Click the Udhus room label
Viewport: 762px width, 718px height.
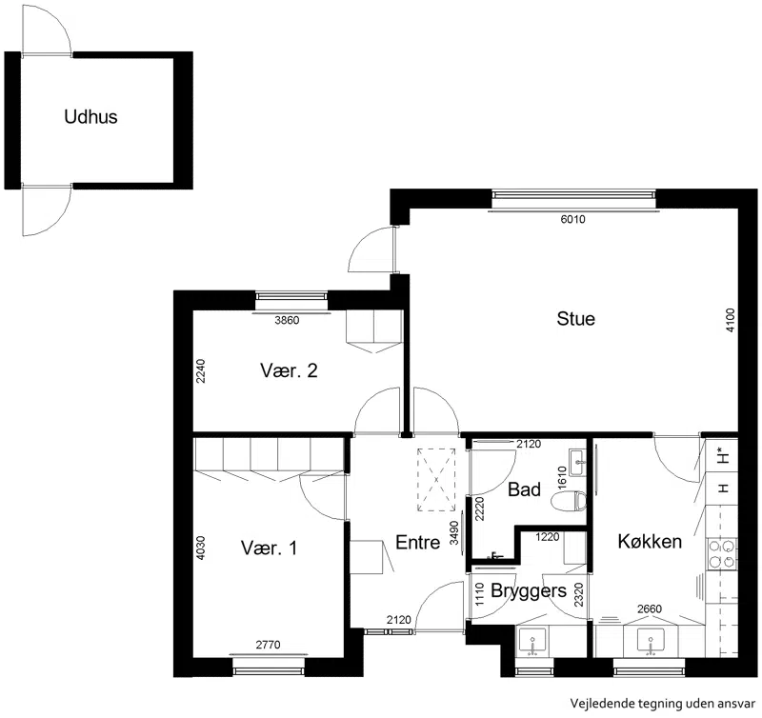pos(90,116)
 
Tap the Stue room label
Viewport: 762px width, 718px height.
pos(576,319)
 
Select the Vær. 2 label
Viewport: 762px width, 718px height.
pos(289,370)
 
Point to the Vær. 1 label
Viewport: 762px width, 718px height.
pos(269,548)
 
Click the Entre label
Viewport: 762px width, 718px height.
pos(418,542)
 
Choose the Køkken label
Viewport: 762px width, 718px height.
pos(650,541)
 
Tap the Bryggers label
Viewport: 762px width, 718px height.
pos(529,590)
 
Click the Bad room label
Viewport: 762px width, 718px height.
pos(524,489)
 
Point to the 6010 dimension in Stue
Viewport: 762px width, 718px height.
pos(573,219)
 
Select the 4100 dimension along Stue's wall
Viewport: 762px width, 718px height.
pos(730,320)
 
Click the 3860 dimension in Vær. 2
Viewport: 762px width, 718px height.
pos(287,320)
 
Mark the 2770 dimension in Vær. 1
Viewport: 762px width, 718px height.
pos(269,645)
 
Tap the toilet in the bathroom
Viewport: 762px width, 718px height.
pos(570,501)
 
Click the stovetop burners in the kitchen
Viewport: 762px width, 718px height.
pos(721,554)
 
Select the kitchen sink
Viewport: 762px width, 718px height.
pos(651,641)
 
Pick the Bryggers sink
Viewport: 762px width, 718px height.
pos(532,641)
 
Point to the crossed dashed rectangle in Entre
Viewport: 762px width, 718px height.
pos(436,480)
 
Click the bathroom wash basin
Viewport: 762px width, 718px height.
pos(578,462)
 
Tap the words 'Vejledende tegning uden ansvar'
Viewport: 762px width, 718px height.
pos(663,703)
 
